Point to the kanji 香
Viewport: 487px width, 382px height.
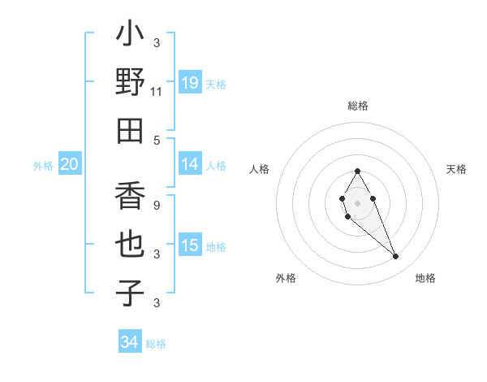(x=131, y=198)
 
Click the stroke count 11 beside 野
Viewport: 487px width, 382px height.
(x=157, y=93)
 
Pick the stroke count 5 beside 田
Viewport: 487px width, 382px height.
(x=157, y=140)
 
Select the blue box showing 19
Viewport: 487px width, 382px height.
(x=190, y=83)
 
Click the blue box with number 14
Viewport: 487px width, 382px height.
(x=190, y=164)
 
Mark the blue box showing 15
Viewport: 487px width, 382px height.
(x=190, y=245)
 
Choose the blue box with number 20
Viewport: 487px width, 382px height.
(x=69, y=164)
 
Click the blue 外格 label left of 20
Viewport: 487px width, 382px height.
(x=43, y=166)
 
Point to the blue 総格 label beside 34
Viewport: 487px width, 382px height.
(x=156, y=344)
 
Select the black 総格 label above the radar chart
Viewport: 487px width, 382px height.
(x=358, y=106)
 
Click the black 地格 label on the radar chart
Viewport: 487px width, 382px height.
(x=425, y=278)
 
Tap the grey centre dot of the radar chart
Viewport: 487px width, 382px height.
(x=357, y=202)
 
